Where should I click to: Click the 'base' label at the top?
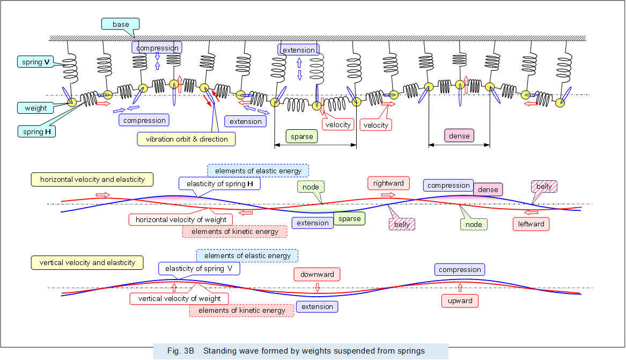[x=121, y=24]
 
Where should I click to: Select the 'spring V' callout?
[x=36, y=62]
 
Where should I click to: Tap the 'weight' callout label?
[x=36, y=108]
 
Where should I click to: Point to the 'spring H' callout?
[x=36, y=131]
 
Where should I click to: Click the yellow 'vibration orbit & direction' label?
[x=187, y=139]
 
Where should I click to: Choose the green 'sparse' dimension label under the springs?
[x=301, y=136]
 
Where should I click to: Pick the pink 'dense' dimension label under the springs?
[x=459, y=136]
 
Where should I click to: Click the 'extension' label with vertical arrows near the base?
[x=298, y=50]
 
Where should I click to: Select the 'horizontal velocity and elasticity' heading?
[x=92, y=179]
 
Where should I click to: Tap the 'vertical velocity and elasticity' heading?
[x=87, y=262]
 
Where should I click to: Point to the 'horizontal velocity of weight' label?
[x=181, y=219]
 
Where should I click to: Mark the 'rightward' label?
[x=388, y=183]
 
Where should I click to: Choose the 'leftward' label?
[x=531, y=224]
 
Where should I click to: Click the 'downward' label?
[x=317, y=274]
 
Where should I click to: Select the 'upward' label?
[x=460, y=300]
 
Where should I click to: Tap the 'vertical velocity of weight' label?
[x=179, y=298]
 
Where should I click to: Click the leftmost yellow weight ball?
[x=71, y=103]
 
